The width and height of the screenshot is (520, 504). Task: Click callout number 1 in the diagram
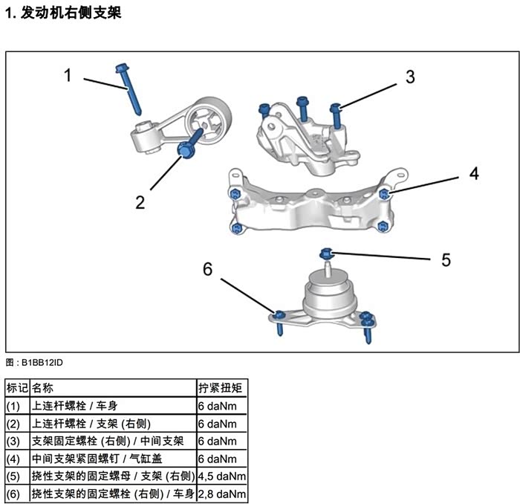coord(68,75)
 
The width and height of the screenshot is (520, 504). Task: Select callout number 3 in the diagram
coord(410,77)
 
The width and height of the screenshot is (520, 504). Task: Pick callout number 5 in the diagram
coord(446,259)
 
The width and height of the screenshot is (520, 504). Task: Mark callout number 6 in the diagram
coord(208,268)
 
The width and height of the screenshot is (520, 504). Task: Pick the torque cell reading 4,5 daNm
coord(221,476)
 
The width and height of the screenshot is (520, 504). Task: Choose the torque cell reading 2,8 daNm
coord(221,494)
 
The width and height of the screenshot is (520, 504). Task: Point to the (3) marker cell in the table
coord(15,441)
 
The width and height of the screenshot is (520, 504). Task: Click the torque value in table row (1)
coord(217,406)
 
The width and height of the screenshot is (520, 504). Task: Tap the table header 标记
coord(16,387)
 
